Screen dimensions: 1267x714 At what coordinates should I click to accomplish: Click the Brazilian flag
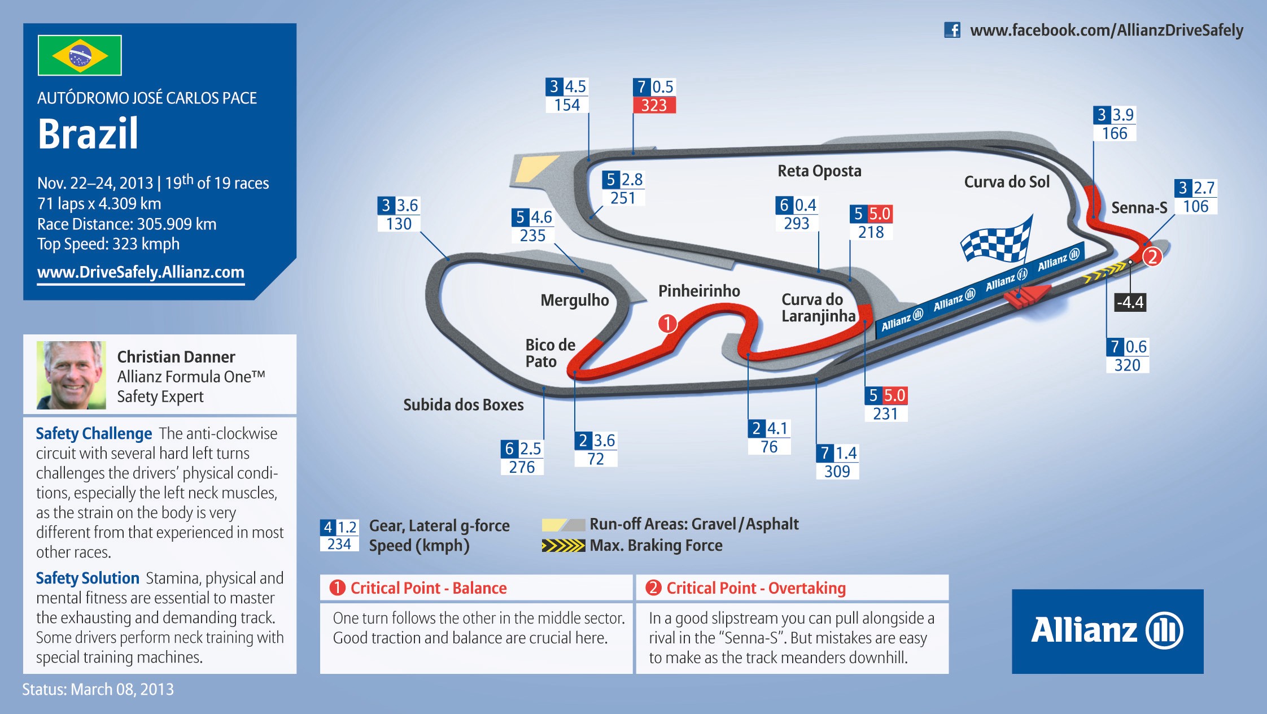tap(80, 55)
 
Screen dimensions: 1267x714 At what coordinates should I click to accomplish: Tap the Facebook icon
tap(952, 30)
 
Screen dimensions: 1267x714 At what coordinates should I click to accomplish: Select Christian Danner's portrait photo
tap(71, 375)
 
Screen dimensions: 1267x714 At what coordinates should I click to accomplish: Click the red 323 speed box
tap(654, 105)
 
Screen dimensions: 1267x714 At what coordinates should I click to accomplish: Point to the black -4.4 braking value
tap(1130, 302)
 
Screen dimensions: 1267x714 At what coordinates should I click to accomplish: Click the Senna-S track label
tap(1139, 208)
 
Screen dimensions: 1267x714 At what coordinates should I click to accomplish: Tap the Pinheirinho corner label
tap(699, 291)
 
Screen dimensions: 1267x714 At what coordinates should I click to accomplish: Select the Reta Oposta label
tap(819, 171)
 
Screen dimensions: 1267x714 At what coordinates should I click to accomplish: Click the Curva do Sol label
tap(1007, 182)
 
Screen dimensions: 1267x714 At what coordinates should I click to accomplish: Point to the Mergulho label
tap(575, 301)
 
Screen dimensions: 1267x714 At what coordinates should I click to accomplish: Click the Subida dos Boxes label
tap(464, 405)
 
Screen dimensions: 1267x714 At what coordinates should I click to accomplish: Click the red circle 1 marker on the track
tap(667, 324)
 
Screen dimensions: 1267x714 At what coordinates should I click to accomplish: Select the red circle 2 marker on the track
tap(1152, 257)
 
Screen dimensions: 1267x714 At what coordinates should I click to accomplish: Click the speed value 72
tap(596, 459)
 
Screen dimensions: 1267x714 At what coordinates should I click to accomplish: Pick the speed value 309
tap(837, 471)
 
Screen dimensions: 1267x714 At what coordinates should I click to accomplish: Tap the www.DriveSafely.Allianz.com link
tap(141, 273)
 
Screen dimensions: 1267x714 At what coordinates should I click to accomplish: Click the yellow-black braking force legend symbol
tap(563, 546)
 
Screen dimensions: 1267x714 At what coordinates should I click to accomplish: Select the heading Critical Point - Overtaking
tap(756, 588)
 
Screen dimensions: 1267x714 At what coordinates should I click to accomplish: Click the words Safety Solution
tap(88, 578)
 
